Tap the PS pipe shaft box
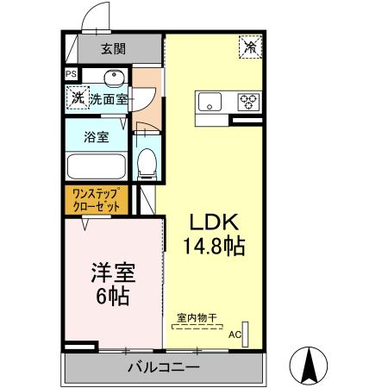tap(70, 75)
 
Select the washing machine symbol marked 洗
tap(78, 98)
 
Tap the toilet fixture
tap(147, 161)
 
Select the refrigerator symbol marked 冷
tap(251, 47)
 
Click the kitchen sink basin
tap(210, 102)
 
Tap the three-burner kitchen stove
tap(249, 102)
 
